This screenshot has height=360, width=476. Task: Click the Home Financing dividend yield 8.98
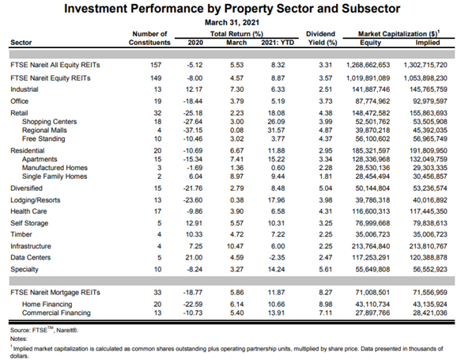[319, 305]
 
